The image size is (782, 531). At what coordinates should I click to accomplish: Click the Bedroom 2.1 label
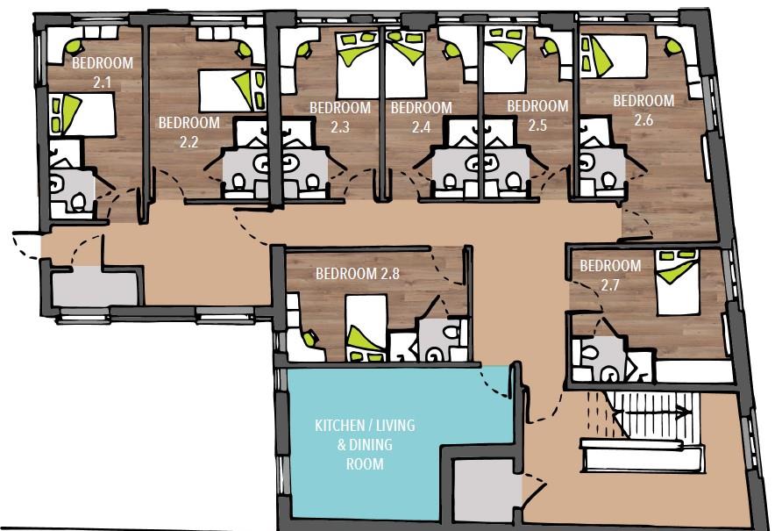pos(102,72)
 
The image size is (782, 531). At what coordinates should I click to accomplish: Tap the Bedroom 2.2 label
pos(188,132)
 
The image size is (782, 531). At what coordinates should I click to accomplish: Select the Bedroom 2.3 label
pos(340,117)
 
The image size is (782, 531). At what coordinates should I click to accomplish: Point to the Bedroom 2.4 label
pos(421,117)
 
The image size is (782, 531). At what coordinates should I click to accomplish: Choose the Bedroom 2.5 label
pos(537,115)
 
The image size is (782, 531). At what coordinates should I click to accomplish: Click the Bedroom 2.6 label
pos(643,110)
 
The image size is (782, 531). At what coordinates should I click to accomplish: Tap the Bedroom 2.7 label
pos(610,274)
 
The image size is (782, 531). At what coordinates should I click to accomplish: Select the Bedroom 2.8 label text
pos(358,272)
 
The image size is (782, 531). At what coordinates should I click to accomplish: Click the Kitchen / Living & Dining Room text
pos(365,444)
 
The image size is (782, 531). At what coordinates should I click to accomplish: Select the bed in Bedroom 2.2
pos(231,89)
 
